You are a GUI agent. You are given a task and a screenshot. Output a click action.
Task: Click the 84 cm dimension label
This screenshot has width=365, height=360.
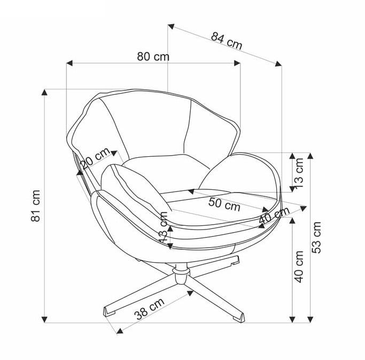coord(227,41)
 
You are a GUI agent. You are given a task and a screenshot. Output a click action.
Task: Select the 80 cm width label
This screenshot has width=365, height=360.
coord(153,56)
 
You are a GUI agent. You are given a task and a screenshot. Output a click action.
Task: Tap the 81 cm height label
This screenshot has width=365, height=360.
coord(35,206)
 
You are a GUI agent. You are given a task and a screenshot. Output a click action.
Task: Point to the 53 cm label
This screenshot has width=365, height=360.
coord(317,237)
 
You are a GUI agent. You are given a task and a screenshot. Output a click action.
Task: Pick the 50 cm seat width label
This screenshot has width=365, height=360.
coord(224,204)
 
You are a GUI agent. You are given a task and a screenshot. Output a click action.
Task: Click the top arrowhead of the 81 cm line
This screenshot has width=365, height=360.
coord(45,93)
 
